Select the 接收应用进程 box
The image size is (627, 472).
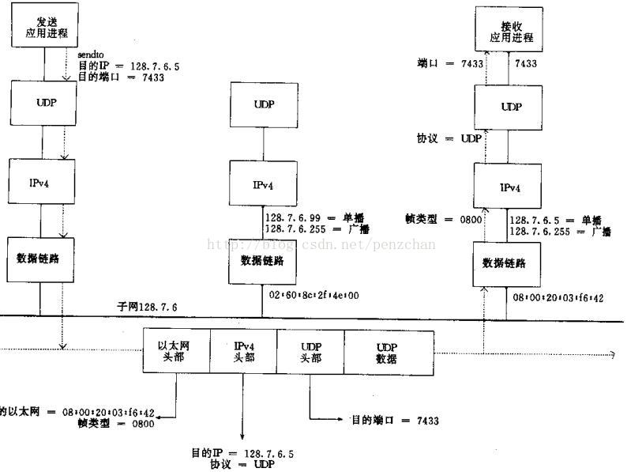click(x=511, y=31)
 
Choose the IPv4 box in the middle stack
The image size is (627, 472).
click(x=263, y=184)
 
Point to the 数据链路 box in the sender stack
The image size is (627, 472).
click(x=40, y=259)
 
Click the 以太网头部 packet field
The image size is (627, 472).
click(x=175, y=351)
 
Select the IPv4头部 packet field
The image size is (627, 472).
click(x=242, y=351)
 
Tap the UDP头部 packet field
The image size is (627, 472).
click(x=310, y=351)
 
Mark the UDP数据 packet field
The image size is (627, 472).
click(x=387, y=351)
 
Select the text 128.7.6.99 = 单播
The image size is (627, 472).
click(x=311, y=217)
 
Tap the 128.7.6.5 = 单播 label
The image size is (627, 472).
click(x=555, y=221)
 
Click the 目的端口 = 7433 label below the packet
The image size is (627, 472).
click(x=395, y=421)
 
